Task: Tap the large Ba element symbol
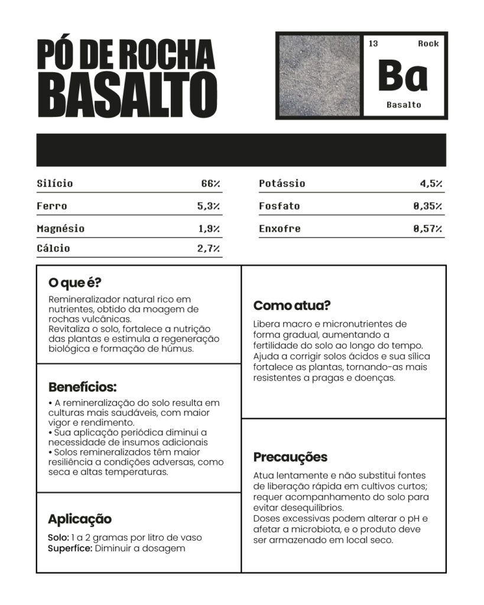(x=402, y=74)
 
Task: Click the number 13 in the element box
(x=373, y=44)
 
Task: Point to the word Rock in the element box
(x=428, y=44)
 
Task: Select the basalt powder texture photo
(x=319, y=75)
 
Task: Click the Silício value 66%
(x=210, y=184)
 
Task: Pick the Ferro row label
(x=52, y=206)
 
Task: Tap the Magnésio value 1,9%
(x=209, y=229)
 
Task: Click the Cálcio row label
(x=53, y=248)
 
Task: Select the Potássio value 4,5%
(x=431, y=184)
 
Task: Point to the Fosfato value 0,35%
(x=428, y=206)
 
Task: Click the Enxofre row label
(x=280, y=229)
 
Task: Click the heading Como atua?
(x=292, y=305)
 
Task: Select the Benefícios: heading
(x=82, y=388)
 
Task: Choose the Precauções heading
(x=290, y=457)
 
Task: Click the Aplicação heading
(x=80, y=519)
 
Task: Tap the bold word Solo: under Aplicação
(x=58, y=538)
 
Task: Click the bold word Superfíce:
(x=70, y=548)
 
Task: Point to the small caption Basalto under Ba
(x=404, y=105)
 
